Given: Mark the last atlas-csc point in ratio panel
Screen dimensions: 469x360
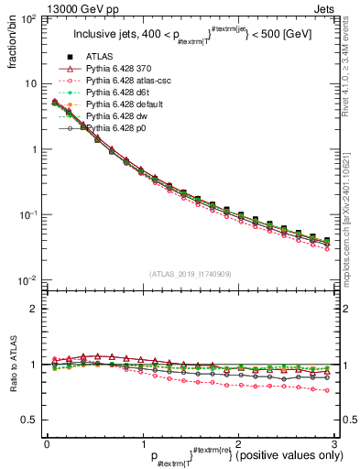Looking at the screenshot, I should pyautogui.click(x=326, y=390).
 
